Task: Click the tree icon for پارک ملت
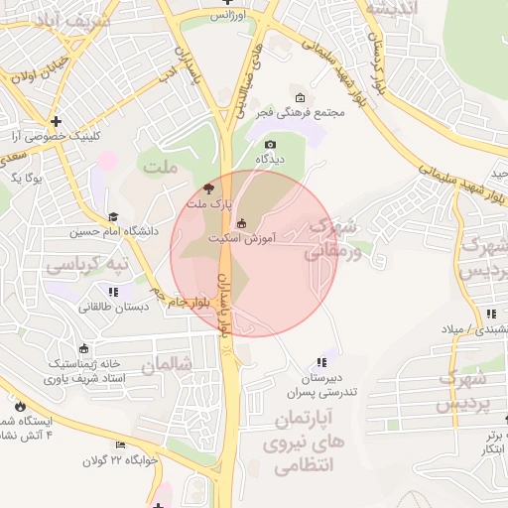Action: pos(207,188)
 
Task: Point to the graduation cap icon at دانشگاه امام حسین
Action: pos(113,216)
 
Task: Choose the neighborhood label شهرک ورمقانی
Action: pos(328,239)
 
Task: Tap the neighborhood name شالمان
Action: pos(166,364)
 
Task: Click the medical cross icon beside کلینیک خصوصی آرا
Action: pos(57,121)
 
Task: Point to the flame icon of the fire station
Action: pos(21,405)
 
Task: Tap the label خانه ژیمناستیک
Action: pos(85,363)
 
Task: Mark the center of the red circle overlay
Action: pos(254,254)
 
